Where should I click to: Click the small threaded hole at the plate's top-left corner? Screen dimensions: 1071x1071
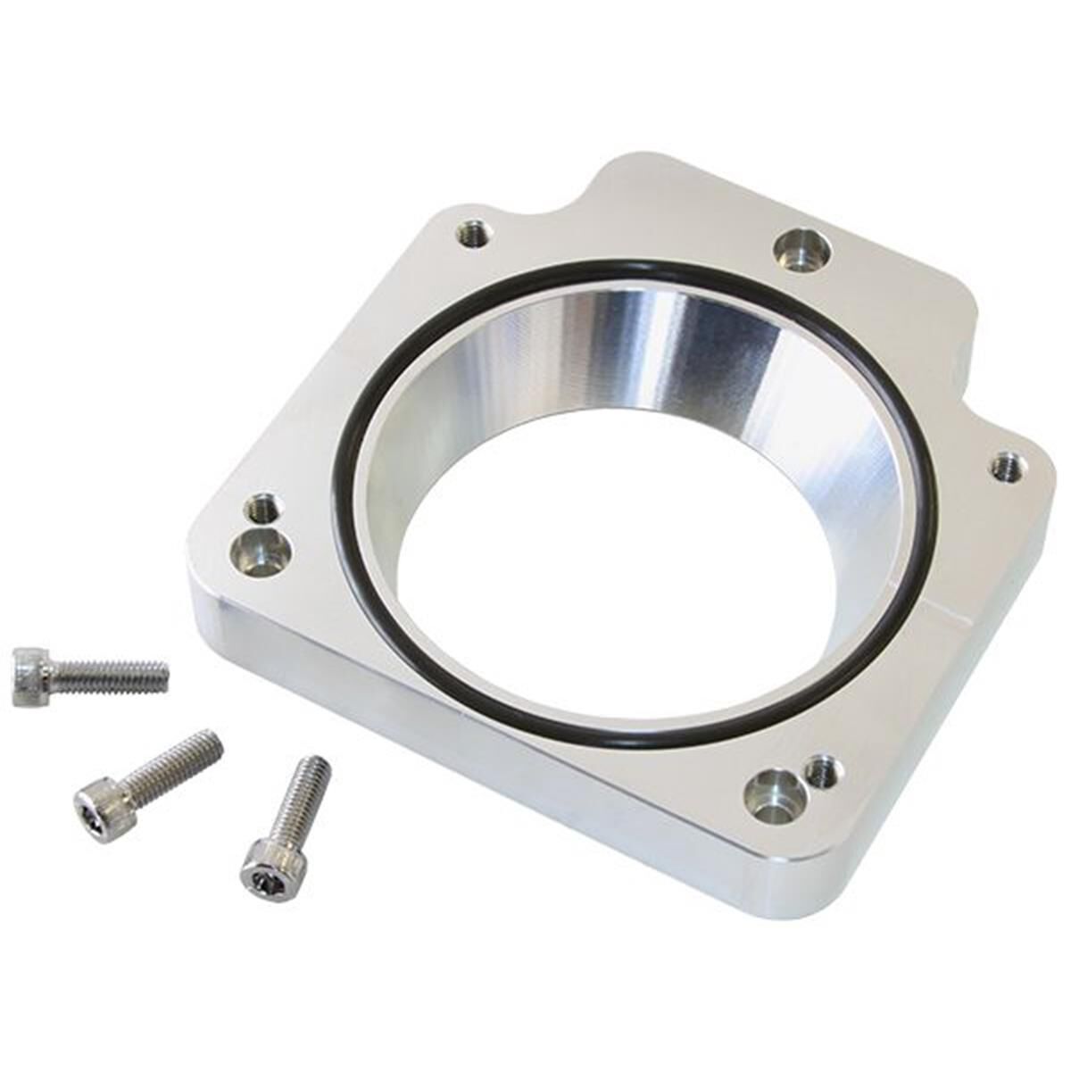tap(472, 235)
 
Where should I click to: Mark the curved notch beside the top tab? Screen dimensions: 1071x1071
tap(553, 201)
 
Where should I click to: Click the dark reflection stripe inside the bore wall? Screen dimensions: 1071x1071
tap(714, 348)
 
